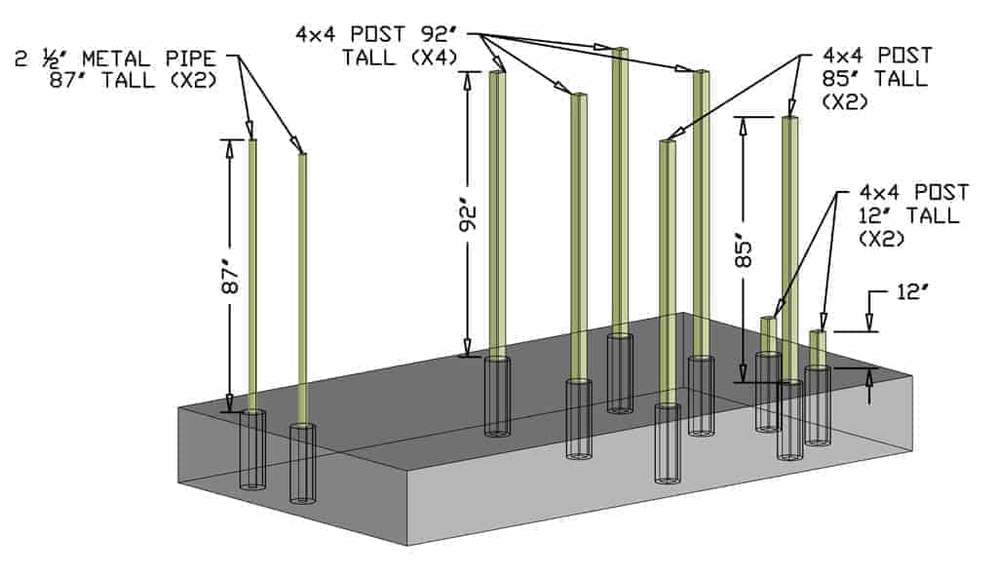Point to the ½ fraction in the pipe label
pyautogui.click(x=50, y=58)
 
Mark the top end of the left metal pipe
pyautogui.click(x=252, y=142)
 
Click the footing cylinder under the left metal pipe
pyautogui.click(x=252, y=449)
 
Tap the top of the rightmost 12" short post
pyautogui.click(x=818, y=334)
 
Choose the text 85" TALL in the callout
pyautogui.click(x=875, y=79)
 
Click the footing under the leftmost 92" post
pyautogui.click(x=497, y=396)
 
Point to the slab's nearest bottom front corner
pyautogui.click(x=408, y=545)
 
